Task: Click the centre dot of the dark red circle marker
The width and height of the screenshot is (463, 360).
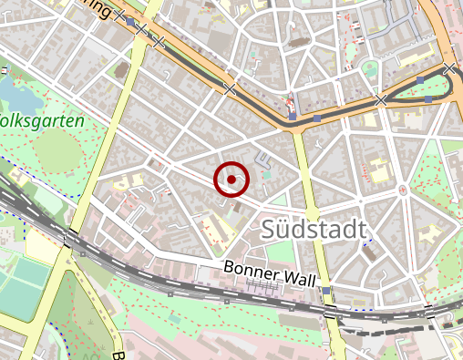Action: pyautogui.click(x=232, y=180)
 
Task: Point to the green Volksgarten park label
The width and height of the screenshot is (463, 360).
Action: pyautogui.click(x=41, y=120)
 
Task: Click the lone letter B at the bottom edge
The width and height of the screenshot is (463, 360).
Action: pyautogui.click(x=118, y=355)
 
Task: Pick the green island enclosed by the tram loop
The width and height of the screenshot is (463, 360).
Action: pyautogui.click(x=434, y=87)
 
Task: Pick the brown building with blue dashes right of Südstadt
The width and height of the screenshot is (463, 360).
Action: pyautogui.click(x=370, y=253)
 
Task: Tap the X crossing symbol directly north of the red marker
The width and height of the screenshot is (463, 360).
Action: pyautogui.click(x=230, y=89)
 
